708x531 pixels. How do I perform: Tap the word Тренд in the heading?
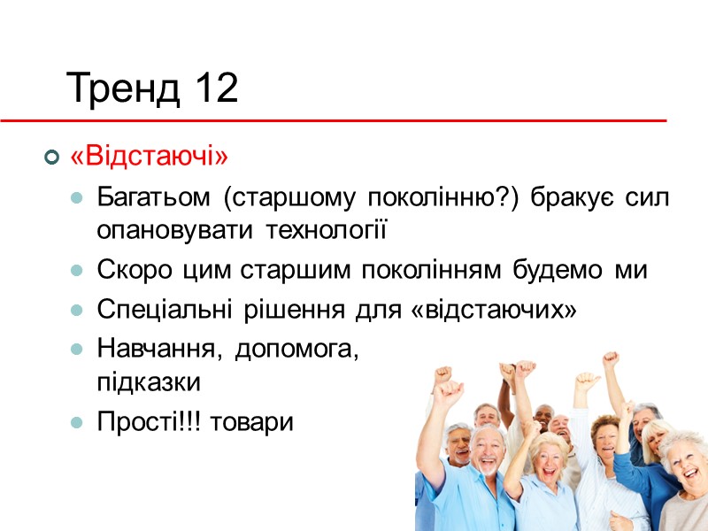click(x=122, y=89)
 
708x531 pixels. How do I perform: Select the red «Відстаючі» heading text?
click(x=149, y=158)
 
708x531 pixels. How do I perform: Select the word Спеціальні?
click(x=157, y=311)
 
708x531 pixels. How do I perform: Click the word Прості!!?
click(x=142, y=424)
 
